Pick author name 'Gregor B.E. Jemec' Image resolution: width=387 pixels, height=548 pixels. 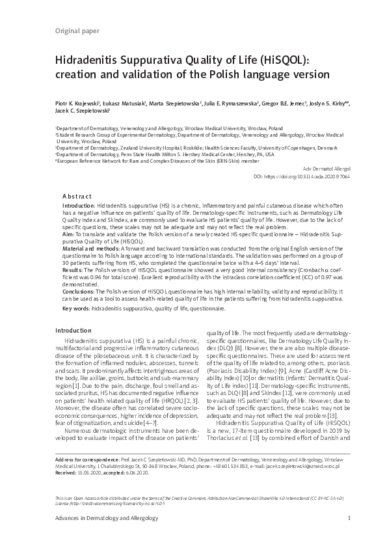(285, 103)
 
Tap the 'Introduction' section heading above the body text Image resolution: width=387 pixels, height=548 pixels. (73, 330)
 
